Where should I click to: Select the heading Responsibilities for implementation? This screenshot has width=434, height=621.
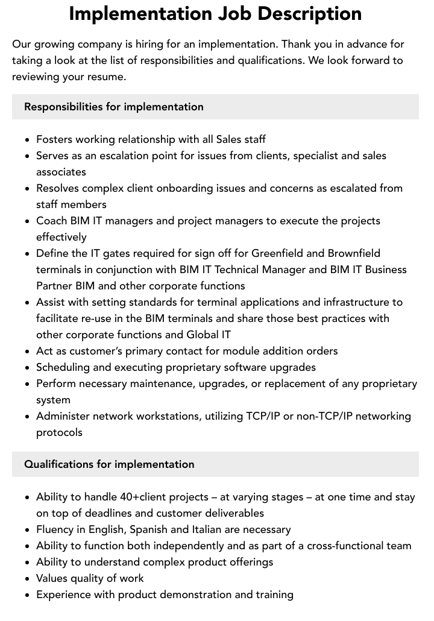coord(114,107)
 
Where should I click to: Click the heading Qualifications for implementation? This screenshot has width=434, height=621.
coord(109,464)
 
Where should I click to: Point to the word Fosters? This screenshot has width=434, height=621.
coord(56,139)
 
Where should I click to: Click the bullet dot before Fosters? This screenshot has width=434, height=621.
coord(28,140)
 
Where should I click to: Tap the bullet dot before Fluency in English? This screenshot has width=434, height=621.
coord(28,530)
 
